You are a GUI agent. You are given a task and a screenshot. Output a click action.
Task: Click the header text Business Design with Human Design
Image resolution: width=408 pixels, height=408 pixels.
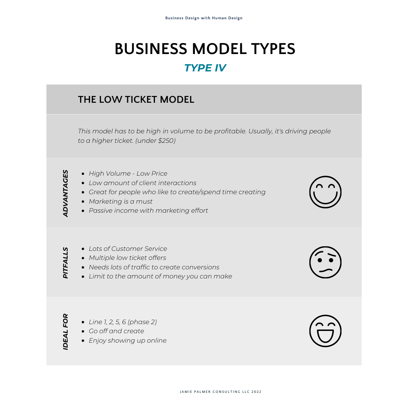pos(204,18)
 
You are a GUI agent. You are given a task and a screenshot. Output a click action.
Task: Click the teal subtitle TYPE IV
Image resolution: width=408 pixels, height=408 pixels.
pos(205,68)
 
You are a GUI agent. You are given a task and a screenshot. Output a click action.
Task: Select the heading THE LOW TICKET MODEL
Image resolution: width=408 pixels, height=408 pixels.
pos(136,99)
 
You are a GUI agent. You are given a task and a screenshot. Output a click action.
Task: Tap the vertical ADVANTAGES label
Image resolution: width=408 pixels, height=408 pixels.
pos(65,193)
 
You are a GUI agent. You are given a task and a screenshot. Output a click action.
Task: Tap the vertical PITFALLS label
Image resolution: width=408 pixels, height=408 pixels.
pos(65,263)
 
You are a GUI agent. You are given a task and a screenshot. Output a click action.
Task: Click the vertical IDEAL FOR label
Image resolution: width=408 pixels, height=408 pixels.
pos(65,332)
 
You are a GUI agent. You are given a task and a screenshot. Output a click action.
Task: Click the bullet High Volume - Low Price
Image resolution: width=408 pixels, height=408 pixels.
pos(128,173)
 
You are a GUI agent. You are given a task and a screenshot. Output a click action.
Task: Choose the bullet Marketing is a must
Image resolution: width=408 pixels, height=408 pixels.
pos(121,201)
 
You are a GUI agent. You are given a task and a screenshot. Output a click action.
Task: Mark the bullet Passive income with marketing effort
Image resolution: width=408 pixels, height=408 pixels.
pos(148,210)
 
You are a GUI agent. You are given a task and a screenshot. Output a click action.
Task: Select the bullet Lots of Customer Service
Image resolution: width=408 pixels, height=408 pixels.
pos(128,249)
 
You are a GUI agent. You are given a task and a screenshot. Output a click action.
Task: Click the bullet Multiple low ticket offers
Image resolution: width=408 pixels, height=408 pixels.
pos(127,258)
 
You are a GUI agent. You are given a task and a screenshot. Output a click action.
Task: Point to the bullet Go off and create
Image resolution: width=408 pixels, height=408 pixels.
pos(116,331)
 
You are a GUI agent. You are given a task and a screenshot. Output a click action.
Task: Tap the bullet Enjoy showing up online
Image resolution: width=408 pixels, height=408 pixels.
pos(128,341)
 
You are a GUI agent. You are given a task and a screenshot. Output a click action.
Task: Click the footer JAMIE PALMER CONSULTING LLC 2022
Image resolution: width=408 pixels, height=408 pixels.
pos(221,392)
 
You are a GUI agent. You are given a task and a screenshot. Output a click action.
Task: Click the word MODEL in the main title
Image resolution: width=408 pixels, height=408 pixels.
pos(219,49)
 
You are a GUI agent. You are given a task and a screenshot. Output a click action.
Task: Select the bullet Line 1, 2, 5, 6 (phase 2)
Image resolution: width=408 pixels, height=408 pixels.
pos(123,322)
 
